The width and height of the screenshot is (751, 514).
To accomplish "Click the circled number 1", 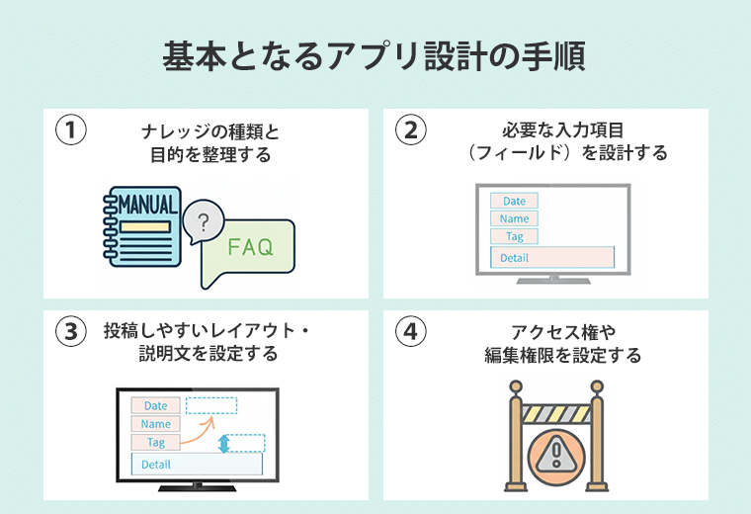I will tap(69, 130).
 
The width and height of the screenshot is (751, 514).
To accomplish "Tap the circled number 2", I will tap(410, 130).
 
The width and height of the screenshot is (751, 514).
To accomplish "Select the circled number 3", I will tap(69, 332).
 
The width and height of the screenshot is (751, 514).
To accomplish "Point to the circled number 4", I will tap(410, 332).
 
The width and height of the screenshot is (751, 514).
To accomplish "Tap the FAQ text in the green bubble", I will tap(250, 247).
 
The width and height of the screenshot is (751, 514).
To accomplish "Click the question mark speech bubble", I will tap(204, 222).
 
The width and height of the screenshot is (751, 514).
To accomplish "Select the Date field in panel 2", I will tap(514, 201).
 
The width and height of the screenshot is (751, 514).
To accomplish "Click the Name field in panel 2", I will tap(514, 218).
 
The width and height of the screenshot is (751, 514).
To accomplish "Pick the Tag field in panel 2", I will tap(514, 236).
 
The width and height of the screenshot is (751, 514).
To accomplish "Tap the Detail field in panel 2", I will tap(552, 257).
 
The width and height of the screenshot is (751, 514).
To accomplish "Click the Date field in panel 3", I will tap(156, 405).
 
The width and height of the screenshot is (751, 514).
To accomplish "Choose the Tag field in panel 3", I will tap(156, 442).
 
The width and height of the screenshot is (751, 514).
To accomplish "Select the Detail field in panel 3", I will tap(197, 464).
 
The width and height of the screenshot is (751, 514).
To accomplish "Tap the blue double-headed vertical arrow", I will tap(224, 444).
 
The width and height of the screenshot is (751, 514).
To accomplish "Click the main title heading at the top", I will tap(375, 56).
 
